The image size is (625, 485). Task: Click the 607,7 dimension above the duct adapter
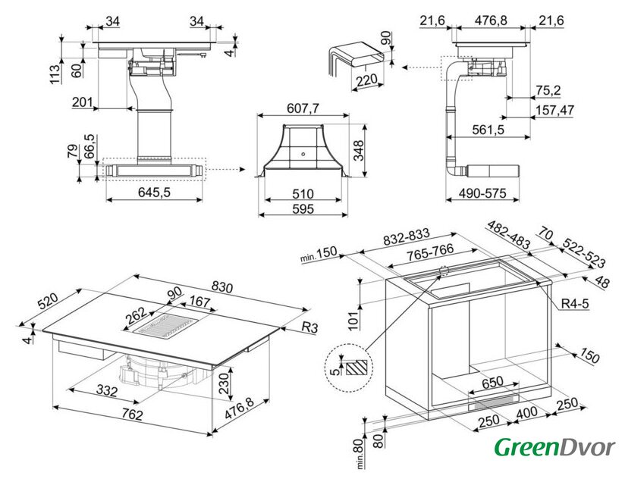pyautogui.click(x=302, y=108)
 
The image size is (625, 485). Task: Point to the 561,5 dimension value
pyautogui.click(x=488, y=130)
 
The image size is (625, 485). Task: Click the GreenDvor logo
pyautogui.click(x=554, y=447)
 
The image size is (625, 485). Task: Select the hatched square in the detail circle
pyautogui.click(x=356, y=368)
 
